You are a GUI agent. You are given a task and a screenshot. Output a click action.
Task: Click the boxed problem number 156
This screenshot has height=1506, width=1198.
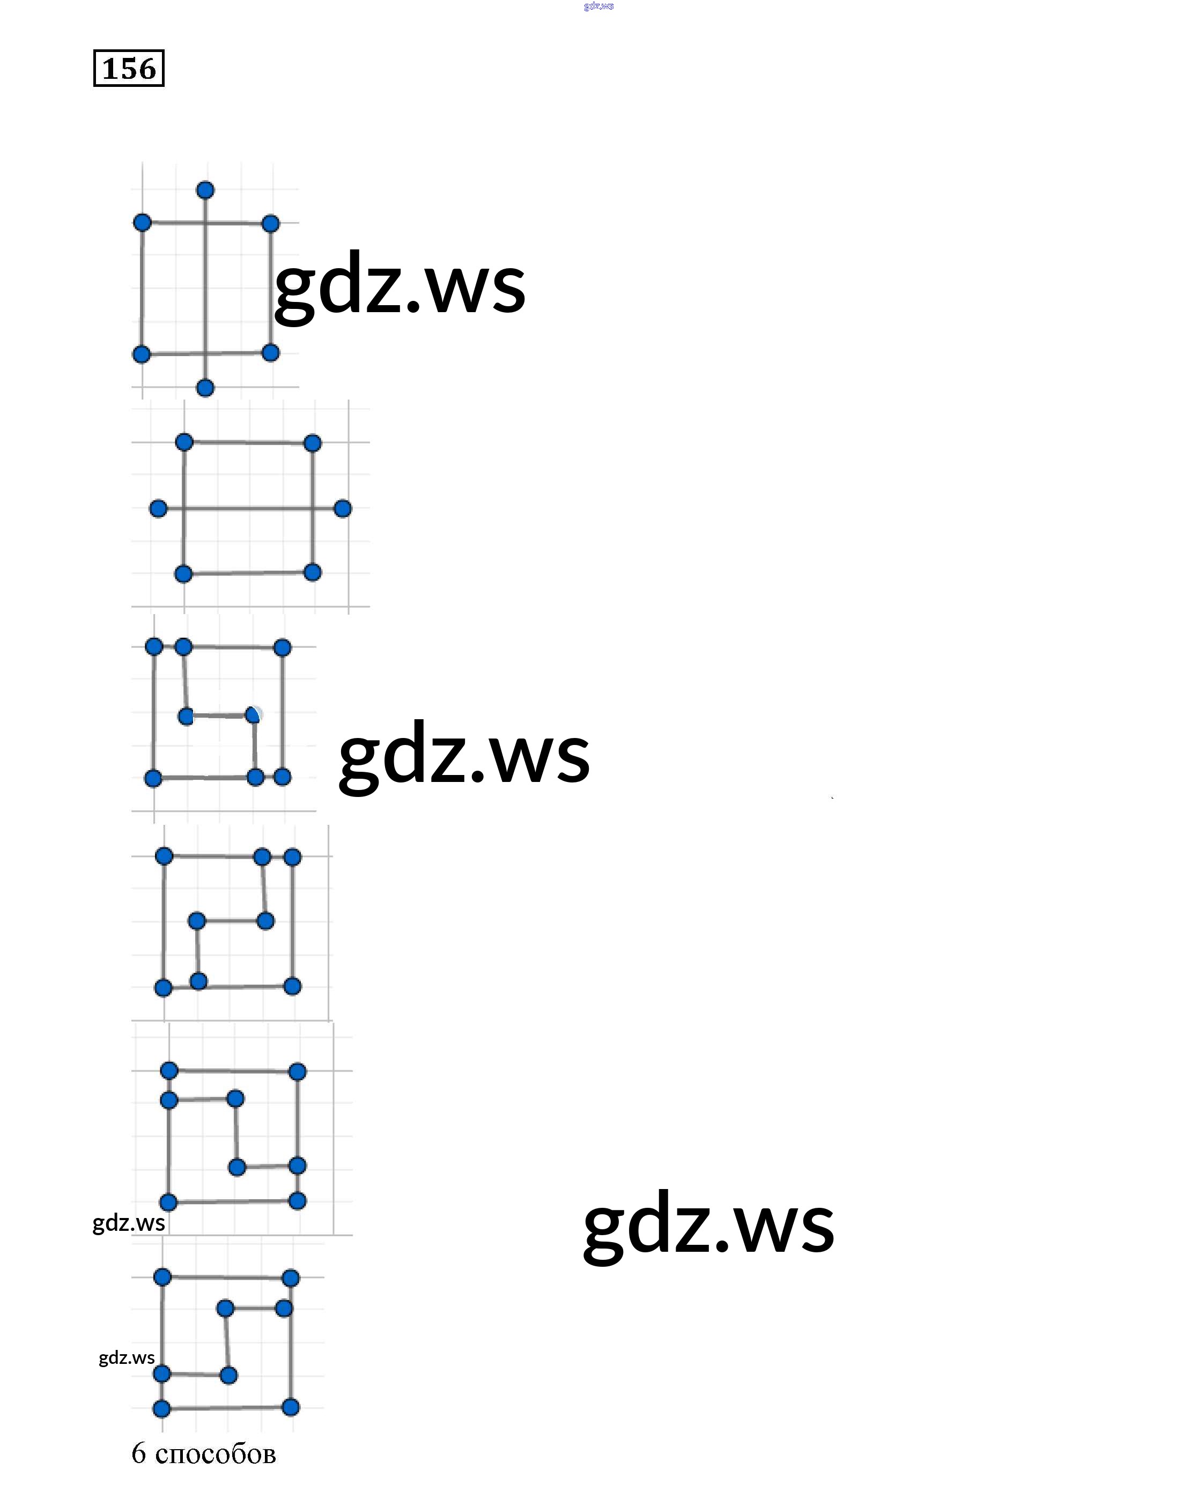point(129,69)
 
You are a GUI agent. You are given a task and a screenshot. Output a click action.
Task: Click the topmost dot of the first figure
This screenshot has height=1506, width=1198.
point(205,190)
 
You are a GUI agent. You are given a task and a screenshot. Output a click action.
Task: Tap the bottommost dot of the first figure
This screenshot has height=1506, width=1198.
point(205,388)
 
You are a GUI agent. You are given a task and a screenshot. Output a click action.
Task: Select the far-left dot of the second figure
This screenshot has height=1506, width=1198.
point(159,508)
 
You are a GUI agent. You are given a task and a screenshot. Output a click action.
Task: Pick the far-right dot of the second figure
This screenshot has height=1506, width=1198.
point(342,508)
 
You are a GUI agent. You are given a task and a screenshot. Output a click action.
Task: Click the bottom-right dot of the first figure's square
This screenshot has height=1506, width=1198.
point(270,353)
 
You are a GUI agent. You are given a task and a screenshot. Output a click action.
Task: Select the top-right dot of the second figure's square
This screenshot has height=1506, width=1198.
point(312,443)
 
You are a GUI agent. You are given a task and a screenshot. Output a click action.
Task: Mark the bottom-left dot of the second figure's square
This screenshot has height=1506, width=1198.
point(183,574)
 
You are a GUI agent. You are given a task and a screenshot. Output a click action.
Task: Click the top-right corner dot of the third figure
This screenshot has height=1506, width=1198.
point(282,647)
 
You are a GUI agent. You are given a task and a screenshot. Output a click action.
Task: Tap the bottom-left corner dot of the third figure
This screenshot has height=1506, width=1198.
point(153,778)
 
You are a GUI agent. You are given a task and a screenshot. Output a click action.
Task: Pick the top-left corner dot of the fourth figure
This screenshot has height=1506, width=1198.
point(164,855)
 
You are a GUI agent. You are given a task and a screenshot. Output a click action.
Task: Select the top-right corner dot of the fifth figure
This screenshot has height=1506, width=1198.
point(298,1072)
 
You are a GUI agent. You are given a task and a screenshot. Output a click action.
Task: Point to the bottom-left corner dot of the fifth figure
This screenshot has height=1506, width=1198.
point(168,1202)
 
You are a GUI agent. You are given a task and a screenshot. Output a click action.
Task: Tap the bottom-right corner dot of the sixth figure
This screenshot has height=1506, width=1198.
point(291,1407)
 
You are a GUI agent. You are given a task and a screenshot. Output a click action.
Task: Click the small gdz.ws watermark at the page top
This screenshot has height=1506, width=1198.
point(598,6)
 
